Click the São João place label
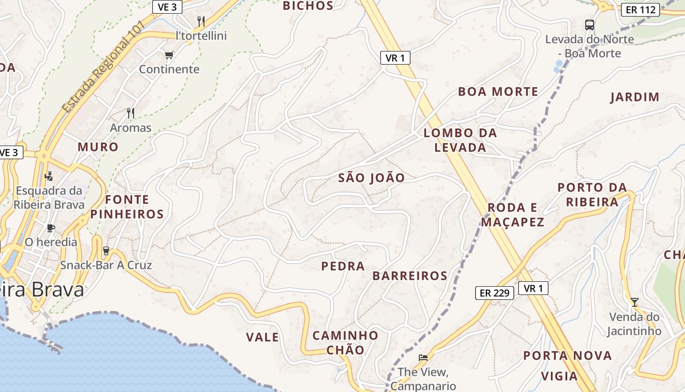371,178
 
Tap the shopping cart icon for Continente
169,55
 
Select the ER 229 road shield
495,293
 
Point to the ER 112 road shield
640,9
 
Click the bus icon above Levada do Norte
590,24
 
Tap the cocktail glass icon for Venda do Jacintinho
634,302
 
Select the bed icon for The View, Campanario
423,358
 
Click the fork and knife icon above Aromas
130,113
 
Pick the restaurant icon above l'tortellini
201,21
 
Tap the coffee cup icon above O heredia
50,228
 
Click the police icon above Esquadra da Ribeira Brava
48,176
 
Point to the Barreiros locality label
410,276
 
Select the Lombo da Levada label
460,140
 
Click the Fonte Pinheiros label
127,207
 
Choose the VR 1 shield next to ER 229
533,288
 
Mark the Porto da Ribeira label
592,195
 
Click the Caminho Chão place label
345,343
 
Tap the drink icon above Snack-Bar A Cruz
106,251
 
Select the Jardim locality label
635,97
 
